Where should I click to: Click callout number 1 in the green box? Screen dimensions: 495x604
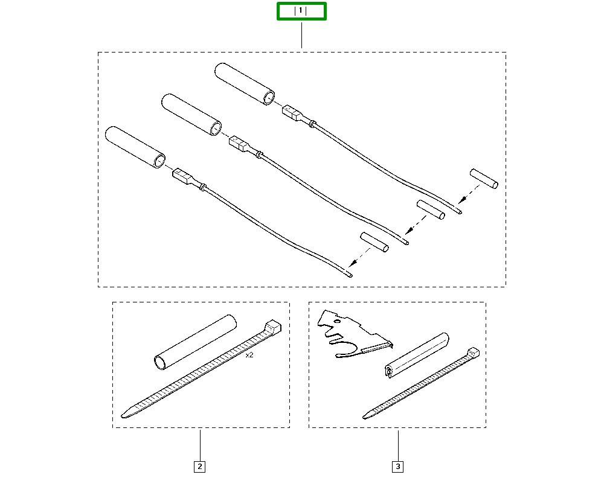301,11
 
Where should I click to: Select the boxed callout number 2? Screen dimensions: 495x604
199,466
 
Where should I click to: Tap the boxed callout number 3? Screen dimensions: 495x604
397,466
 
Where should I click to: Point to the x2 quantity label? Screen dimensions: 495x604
249,355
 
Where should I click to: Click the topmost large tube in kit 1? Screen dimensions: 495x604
245,85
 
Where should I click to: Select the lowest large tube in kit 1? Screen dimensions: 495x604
136,147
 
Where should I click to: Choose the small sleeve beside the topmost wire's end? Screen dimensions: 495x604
484,180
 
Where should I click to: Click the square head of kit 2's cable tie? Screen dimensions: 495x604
274,327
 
